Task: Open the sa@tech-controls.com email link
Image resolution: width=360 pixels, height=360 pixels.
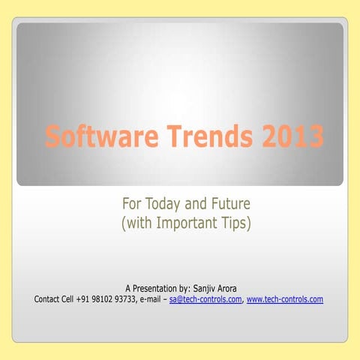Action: [205, 299]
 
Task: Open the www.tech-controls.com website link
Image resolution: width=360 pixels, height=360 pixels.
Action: [285, 299]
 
